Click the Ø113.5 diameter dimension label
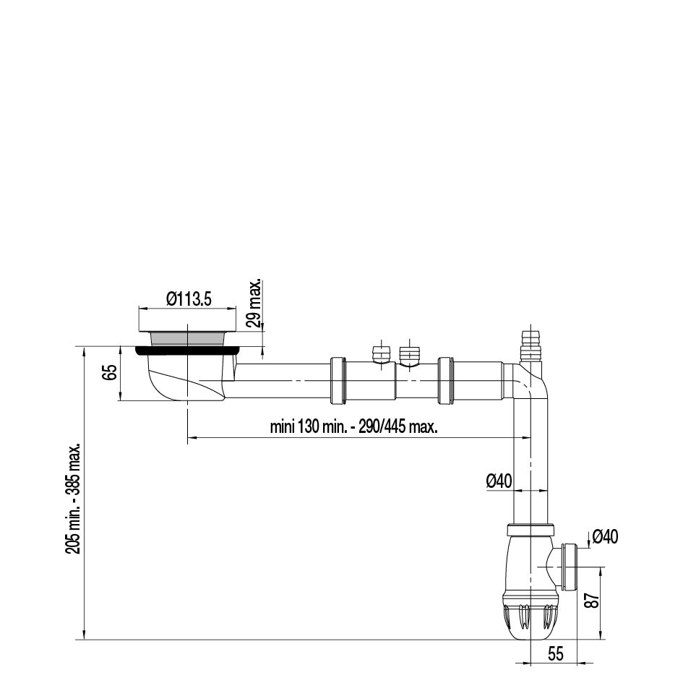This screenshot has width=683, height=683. pos(189,299)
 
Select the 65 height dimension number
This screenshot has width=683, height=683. pos(111,372)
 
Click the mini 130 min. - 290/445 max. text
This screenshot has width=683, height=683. pos(353,427)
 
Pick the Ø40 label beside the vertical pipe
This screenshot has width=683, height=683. pos(499,481)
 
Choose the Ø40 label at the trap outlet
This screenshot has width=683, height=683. pos(605,536)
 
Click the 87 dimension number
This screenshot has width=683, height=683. pos(595,601)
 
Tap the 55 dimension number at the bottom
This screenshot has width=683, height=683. pos(555,654)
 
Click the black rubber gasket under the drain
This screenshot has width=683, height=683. pos(187,351)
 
